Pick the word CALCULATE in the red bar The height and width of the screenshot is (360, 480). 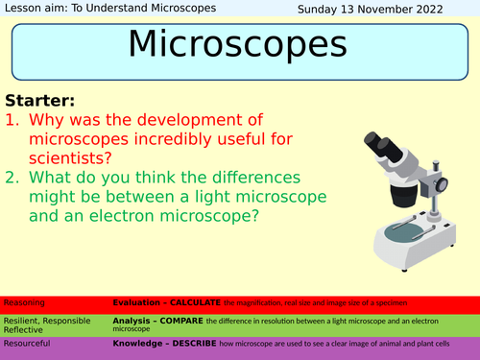click(x=199, y=302)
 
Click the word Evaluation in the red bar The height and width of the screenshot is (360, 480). click(x=138, y=302)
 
